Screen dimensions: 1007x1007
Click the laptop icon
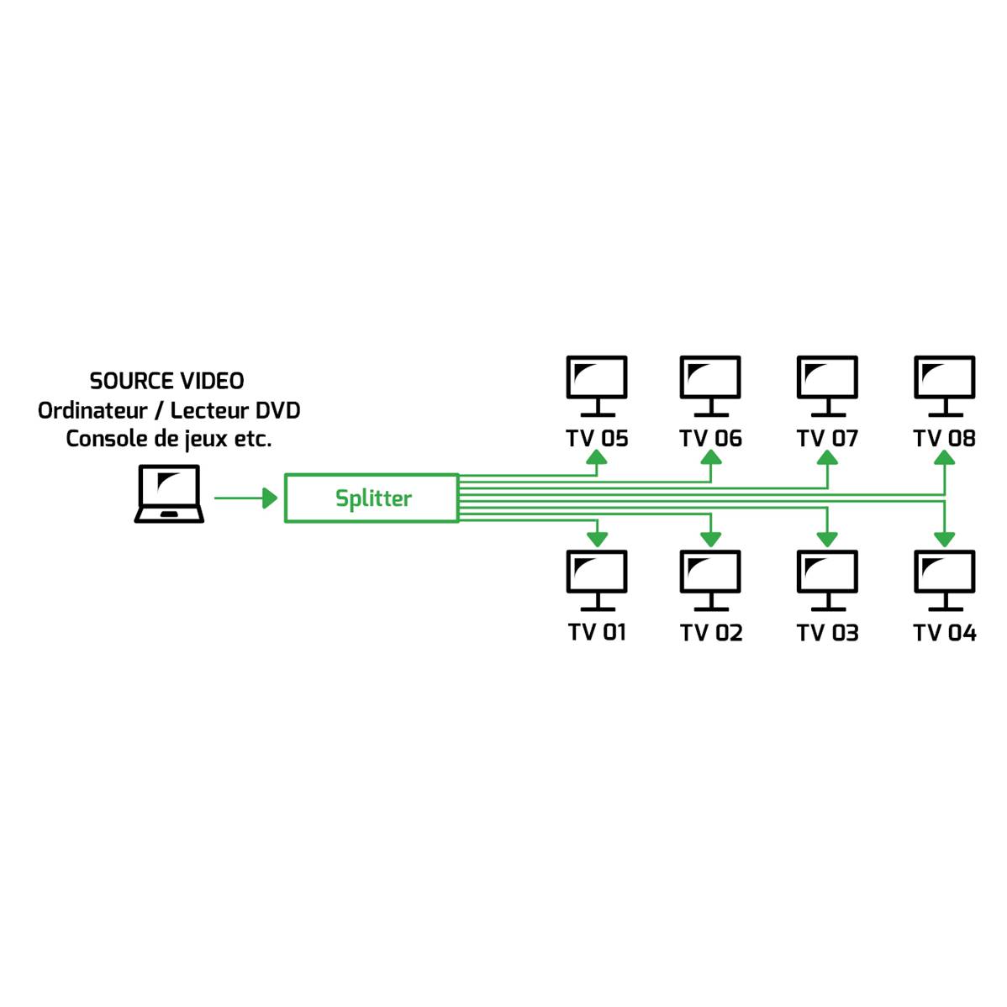point(169,493)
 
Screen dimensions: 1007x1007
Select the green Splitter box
point(372,498)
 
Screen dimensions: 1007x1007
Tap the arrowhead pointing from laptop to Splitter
point(270,498)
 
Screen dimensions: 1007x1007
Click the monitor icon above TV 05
point(597,386)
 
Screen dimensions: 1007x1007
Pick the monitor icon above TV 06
point(710,386)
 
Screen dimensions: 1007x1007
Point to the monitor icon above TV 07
point(827,386)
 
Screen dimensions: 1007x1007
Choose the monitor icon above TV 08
point(944,386)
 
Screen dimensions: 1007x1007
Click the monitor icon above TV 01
point(597,580)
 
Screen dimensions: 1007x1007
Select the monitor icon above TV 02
point(710,580)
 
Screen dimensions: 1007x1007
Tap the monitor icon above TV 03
point(827,580)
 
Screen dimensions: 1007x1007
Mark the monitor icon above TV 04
point(944,580)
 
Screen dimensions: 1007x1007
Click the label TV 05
point(597,438)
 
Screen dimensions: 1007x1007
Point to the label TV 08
point(944,438)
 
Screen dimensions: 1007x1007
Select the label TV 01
point(597,632)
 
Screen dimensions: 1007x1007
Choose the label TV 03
point(827,633)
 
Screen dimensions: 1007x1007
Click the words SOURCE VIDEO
point(167,381)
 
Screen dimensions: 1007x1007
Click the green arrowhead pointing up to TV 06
point(710,456)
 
